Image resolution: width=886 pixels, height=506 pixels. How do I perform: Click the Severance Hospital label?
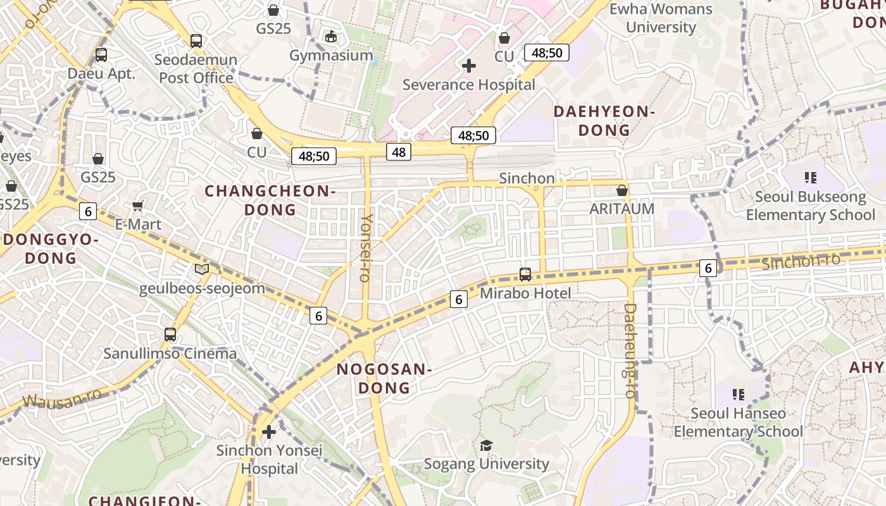(468, 85)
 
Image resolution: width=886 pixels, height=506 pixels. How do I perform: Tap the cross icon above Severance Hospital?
(469, 65)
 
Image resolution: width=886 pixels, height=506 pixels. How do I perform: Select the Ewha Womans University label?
(661, 18)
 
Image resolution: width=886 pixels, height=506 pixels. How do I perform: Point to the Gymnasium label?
(331, 56)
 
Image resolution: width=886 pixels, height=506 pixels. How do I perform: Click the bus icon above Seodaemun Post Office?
(196, 41)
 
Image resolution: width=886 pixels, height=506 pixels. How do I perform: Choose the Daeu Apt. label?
(101, 73)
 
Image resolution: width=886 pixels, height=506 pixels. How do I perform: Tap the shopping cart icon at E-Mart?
(138, 206)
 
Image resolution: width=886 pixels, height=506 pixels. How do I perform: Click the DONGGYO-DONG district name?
(51, 249)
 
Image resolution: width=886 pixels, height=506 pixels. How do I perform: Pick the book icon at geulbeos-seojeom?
(202, 269)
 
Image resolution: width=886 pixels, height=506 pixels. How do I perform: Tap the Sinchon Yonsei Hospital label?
(269, 460)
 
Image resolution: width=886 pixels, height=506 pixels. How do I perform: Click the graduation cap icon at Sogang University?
(485, 446)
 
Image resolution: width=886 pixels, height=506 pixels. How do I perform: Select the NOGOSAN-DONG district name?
(384, 378)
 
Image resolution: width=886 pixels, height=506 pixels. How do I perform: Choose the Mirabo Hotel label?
(525, 293)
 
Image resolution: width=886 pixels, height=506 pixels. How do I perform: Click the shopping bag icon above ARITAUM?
(622, 190)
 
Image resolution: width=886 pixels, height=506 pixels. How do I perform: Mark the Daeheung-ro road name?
(630, 351)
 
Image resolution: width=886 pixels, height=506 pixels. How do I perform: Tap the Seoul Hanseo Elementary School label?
(738, 423)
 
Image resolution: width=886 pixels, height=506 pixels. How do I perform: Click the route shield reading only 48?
(399, 152)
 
